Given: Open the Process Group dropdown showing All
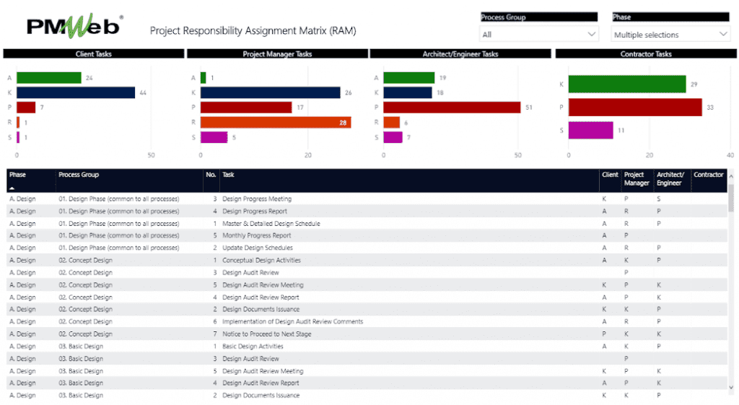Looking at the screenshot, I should (539, 34).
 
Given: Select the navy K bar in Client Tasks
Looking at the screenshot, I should (76, 92).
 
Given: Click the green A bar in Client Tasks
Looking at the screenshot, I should (48, 78).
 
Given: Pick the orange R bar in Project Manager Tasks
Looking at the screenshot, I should (276, 123).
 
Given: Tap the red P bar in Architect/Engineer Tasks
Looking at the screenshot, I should (452, 108).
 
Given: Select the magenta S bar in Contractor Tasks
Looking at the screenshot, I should (590, 130).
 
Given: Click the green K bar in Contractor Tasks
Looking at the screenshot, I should (626, 84).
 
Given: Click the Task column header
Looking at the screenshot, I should (228, 175).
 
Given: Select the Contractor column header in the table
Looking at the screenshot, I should (708, 175).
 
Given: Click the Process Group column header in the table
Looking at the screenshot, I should (79, 175).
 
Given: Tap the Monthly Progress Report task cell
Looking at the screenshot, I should (257, 235).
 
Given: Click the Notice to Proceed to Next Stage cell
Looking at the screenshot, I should (267, 334).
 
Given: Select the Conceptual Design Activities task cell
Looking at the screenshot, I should (261, 260).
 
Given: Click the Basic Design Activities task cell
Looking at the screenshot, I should (253, 347).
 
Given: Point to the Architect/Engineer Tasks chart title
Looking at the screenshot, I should (460, 54).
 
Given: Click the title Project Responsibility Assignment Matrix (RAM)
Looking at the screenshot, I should (253, 31).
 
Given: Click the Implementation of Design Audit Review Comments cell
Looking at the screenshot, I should (292, 322).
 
